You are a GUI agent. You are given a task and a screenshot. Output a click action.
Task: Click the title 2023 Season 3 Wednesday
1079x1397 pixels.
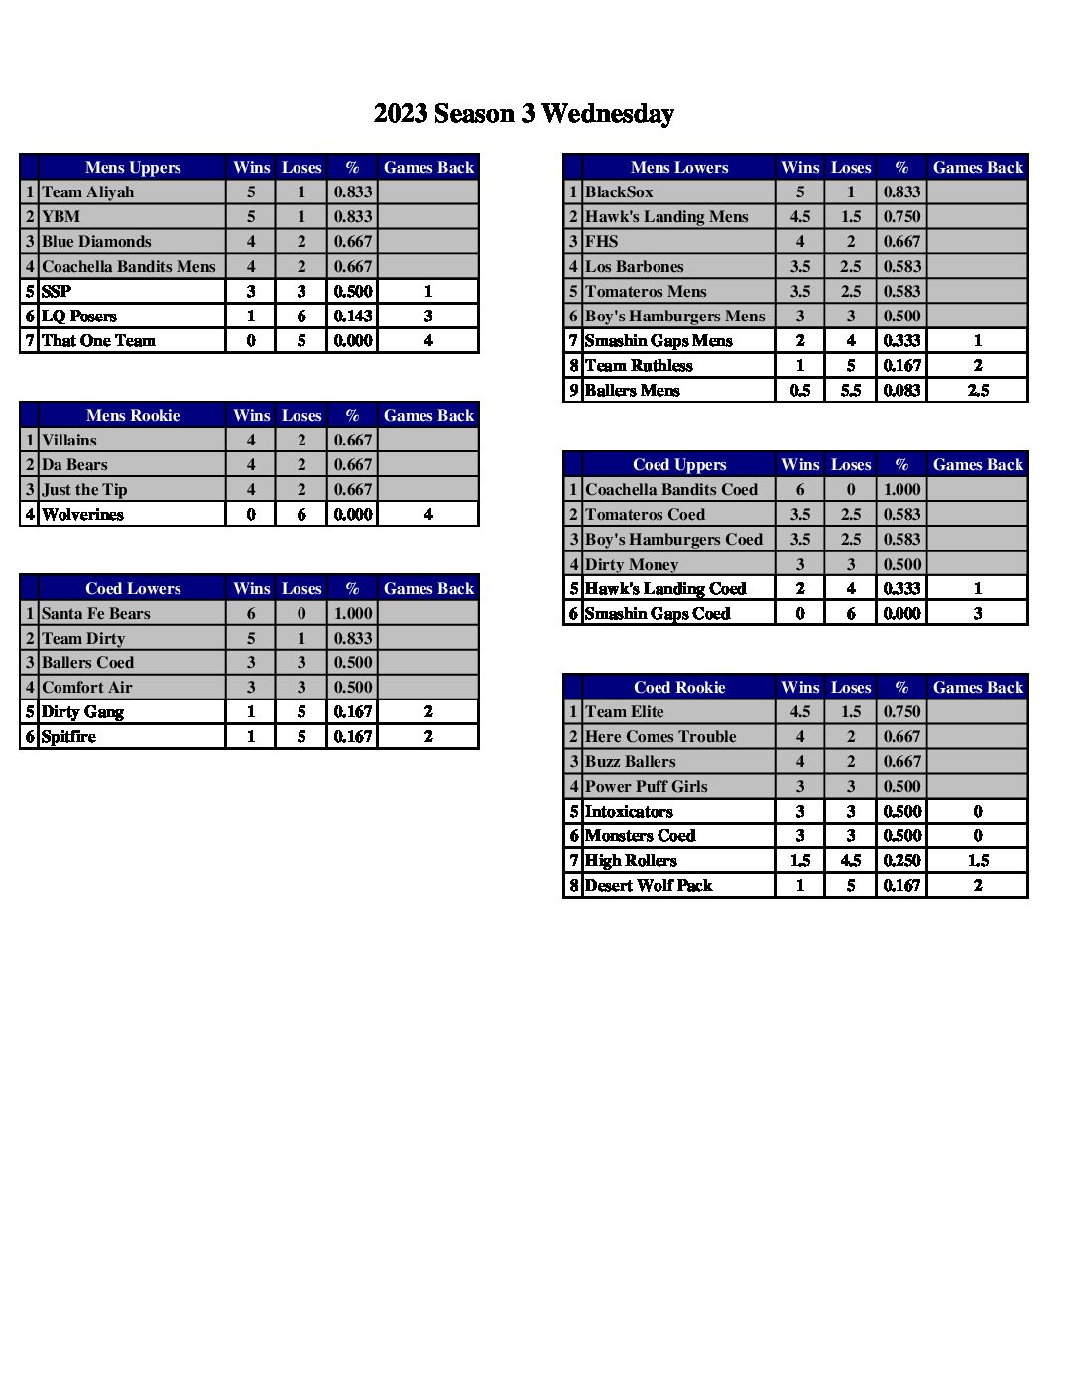pyautogui.click(x=524, y=114)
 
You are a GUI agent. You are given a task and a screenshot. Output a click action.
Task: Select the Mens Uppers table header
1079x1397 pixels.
pyautogui.click(x=133, y=167)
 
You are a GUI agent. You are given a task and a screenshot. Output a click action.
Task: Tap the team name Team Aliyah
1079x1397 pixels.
pyautogui.click(x=87, y=192)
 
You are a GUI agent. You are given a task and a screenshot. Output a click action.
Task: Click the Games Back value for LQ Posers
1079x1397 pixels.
pyautogui.click(x=428, y=317)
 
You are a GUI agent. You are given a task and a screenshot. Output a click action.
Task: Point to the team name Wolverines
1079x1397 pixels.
pyautogui.click(x=82, y=515)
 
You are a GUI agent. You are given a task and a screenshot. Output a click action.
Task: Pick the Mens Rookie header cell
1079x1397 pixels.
pyautogui.click(x=133, y=415)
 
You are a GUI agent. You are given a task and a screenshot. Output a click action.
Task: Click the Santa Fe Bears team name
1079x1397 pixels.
pyautogui.click(x=95, y=614)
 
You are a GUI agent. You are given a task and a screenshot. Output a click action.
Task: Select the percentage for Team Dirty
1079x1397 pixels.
pyautogui.click(x=353, y=639)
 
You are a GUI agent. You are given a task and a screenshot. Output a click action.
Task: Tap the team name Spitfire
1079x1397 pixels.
pyautogui.click(x=68, y=737)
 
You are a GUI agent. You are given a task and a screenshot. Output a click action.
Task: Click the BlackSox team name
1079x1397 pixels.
pyautogui.click(x=619, y=192)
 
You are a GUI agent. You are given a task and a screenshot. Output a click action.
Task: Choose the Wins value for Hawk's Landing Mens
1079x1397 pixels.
pyautogui.click(x=800, y=217)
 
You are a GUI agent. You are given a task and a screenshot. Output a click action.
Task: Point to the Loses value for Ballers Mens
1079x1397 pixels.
pyautogui.click(x=851, y=391)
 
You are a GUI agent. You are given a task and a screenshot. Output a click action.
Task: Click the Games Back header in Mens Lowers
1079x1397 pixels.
pyautogui.click(x=978, y=167)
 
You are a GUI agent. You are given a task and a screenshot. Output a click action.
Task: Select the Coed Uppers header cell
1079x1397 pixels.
pyautogui.click(x=679, y=464)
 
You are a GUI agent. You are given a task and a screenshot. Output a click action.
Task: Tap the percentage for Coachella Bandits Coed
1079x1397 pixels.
pyautogui.click(x=901, y=490)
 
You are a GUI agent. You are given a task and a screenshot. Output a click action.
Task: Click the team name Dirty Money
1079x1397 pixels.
pyautogui.click(x=632, y=565)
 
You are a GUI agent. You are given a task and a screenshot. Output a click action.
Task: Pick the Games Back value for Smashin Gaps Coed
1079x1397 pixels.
pyautogui.click(x=978, y=614)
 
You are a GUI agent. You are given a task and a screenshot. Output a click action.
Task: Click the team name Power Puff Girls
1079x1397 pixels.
pyautogui.click(x=646, y=787)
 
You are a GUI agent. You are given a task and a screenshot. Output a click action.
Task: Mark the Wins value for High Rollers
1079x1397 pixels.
pyautogui.click(x=800, y=861)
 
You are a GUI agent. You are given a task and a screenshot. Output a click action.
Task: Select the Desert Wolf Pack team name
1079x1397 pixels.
pyautogui.click(x=649, y=886)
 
